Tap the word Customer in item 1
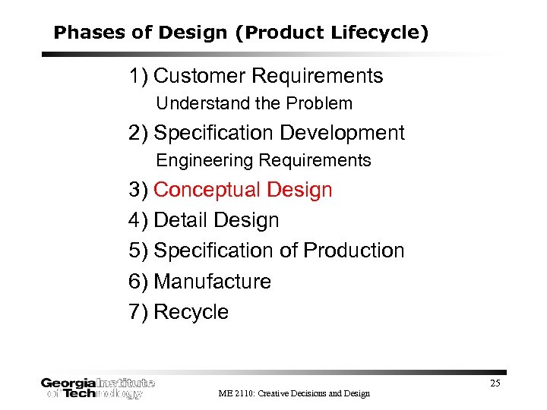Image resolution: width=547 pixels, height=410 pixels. point(199,76)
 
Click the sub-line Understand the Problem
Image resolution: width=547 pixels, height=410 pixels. point(254,103)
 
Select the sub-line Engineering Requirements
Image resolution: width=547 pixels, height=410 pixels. point(263,160)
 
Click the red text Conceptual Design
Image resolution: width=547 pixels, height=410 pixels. point(242,190)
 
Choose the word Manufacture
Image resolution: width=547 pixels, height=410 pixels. point(212,282)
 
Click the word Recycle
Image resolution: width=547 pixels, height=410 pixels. point(191,312)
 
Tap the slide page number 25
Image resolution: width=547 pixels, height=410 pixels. point(495,383)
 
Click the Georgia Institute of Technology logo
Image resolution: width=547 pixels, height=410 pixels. point(97,388)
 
